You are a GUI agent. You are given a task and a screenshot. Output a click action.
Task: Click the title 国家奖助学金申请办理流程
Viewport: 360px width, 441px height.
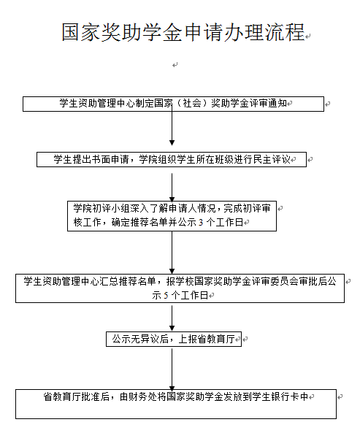pyautogui.click(x=183, y=32)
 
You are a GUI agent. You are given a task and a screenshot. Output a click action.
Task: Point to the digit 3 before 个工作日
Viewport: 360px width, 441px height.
pyautogui.click(x=201, y=223)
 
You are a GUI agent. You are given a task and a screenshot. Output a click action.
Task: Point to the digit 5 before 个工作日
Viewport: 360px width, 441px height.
pyautogui.click(x=166, y=296)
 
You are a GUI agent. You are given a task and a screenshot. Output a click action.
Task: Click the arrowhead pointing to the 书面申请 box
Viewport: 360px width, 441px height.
pyautogui.click(x=172, y=142)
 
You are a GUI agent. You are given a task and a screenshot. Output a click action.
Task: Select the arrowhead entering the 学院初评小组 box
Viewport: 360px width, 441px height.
pyautogui.click(x=172, y=199)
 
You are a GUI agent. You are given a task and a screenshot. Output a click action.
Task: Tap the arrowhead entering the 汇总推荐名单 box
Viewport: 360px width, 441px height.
pyautogui.click(x=172, y=272)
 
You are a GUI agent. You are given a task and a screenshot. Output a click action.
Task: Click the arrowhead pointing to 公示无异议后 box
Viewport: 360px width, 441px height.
pyautogui.click(x=172, y=329)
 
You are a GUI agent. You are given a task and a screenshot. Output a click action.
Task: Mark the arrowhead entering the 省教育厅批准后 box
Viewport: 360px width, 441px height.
pyautogui.click(x=172, y=388)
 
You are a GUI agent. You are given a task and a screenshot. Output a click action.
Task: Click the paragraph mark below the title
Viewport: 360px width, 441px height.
pyautogui.click(x=175, y=65)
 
